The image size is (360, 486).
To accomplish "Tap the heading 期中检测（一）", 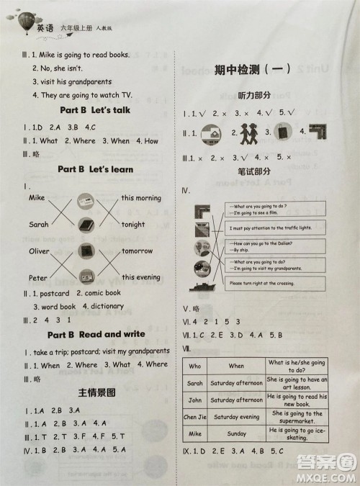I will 252,69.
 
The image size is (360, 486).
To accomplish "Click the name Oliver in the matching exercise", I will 40,251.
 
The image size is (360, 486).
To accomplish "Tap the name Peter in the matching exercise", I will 37,277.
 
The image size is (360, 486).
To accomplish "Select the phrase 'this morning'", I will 141,198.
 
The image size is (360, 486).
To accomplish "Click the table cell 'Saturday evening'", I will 236,417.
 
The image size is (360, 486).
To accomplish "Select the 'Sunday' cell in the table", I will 236,434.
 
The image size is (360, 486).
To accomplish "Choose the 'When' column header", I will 236,366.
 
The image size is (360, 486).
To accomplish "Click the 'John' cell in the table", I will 195,400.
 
